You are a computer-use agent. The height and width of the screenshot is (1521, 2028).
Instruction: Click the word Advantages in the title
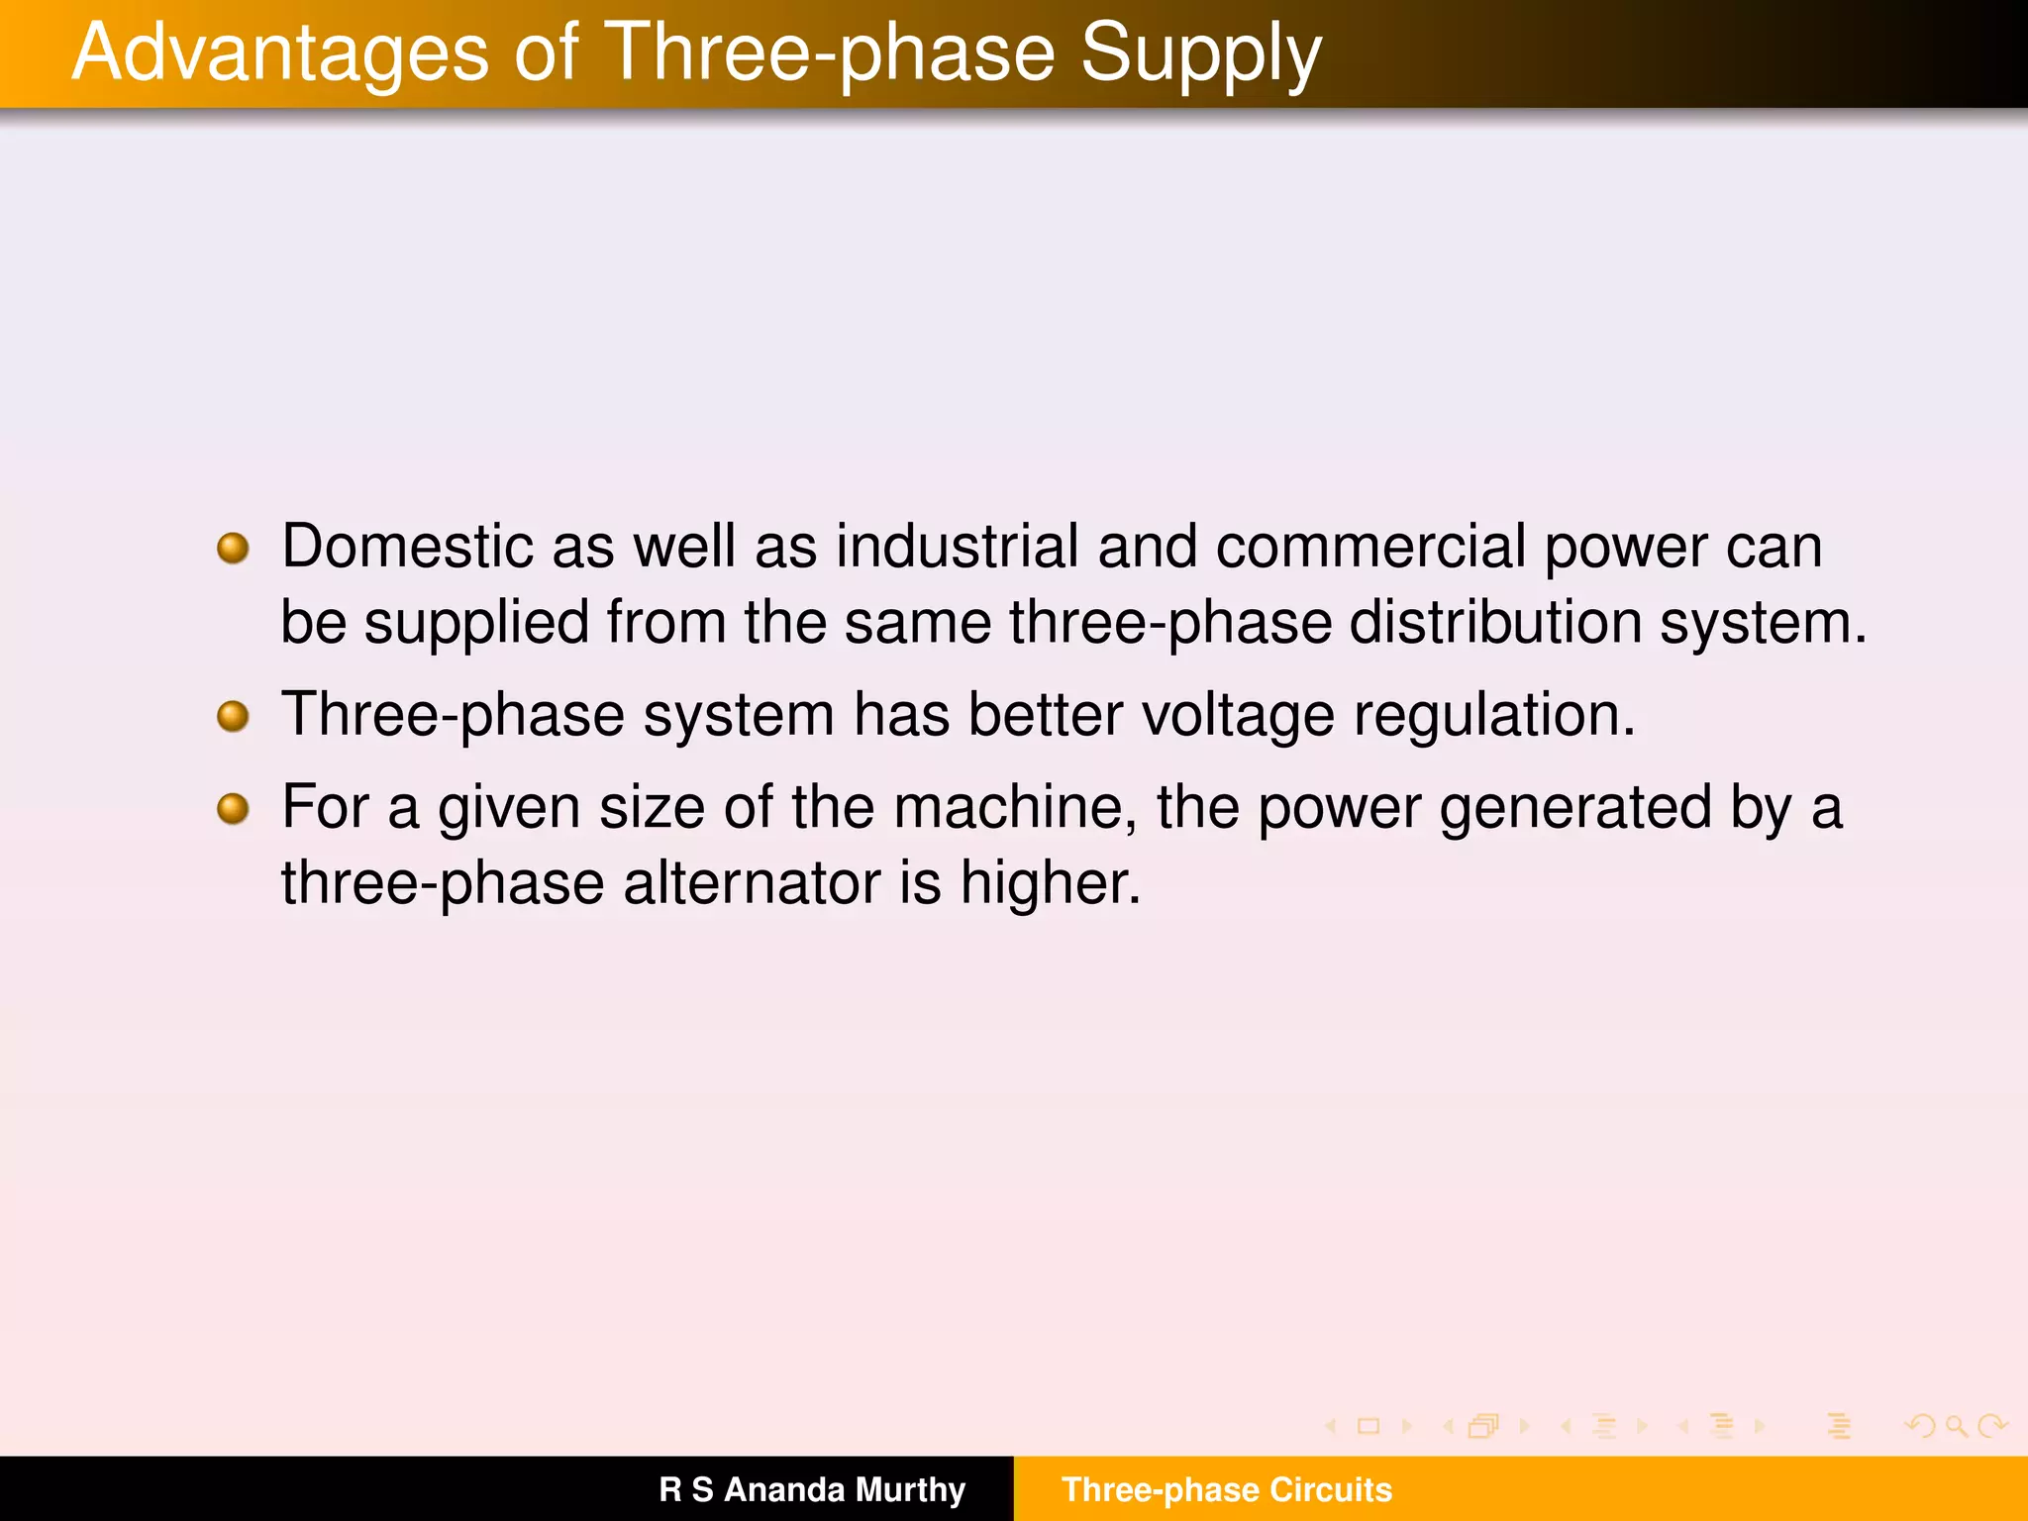pos(280,53)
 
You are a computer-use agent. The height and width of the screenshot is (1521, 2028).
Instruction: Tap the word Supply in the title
pos(1200,53)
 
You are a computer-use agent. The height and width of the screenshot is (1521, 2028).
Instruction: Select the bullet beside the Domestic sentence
pos(233,548)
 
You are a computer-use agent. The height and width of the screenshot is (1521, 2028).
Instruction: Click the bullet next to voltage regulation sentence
pos(233,715)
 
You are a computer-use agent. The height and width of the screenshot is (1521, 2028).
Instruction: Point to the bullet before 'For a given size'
pos(233,808)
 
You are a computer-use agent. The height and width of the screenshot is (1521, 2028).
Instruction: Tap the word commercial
pos(1370,547)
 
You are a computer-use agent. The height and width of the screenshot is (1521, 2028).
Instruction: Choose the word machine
pos(1014,807)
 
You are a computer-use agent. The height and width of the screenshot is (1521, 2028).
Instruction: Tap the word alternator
pos(752,883)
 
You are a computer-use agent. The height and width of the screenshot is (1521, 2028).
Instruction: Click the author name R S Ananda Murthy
pos(812,1489)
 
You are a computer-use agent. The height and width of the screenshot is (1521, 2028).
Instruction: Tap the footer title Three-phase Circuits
pos(1227,1489)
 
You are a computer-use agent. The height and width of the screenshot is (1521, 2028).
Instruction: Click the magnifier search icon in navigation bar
pos(1956,1426)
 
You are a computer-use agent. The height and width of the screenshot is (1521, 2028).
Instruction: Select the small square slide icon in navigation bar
pos(1369,1426)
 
